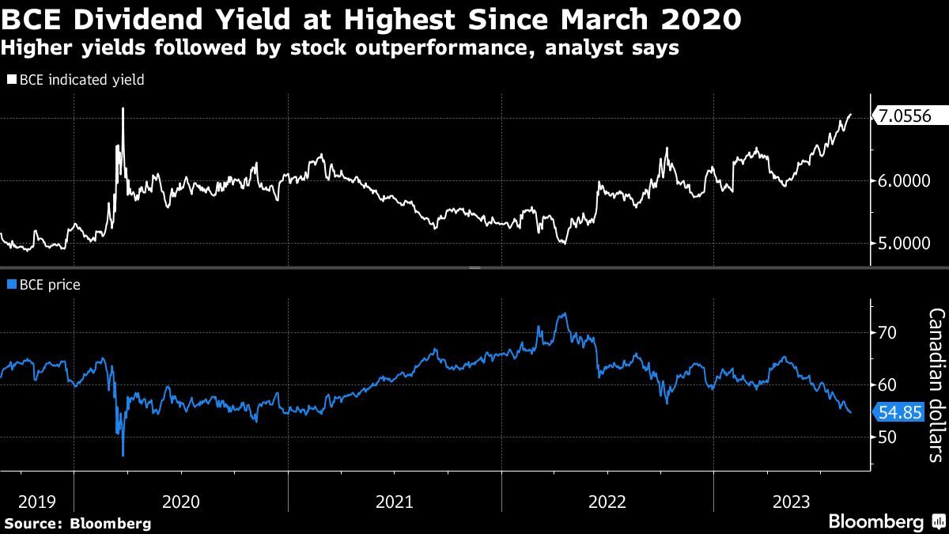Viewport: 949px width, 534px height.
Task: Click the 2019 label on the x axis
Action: point(36,501)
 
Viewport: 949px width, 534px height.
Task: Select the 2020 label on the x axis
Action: point(180,501)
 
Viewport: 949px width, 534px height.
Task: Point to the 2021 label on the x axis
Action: point(394,501)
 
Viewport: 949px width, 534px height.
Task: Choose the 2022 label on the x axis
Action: point(607,501)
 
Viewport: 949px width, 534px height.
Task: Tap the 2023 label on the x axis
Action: point(791,501)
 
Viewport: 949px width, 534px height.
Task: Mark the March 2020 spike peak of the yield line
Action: point(123,108)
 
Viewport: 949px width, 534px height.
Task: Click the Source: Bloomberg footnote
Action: point(78,523)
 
